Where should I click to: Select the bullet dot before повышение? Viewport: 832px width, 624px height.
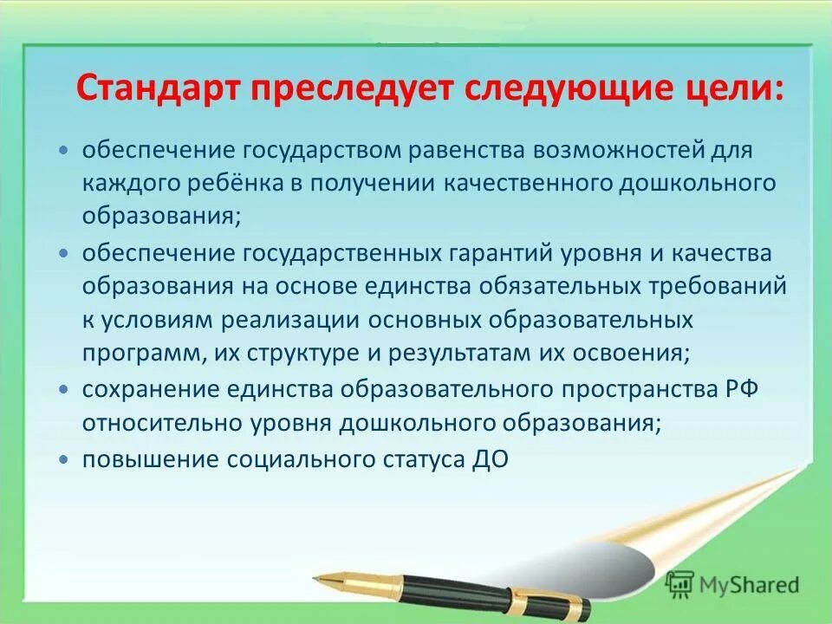click(x=62, y=460)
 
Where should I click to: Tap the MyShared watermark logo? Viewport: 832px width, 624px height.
click(x=732, y=585)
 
